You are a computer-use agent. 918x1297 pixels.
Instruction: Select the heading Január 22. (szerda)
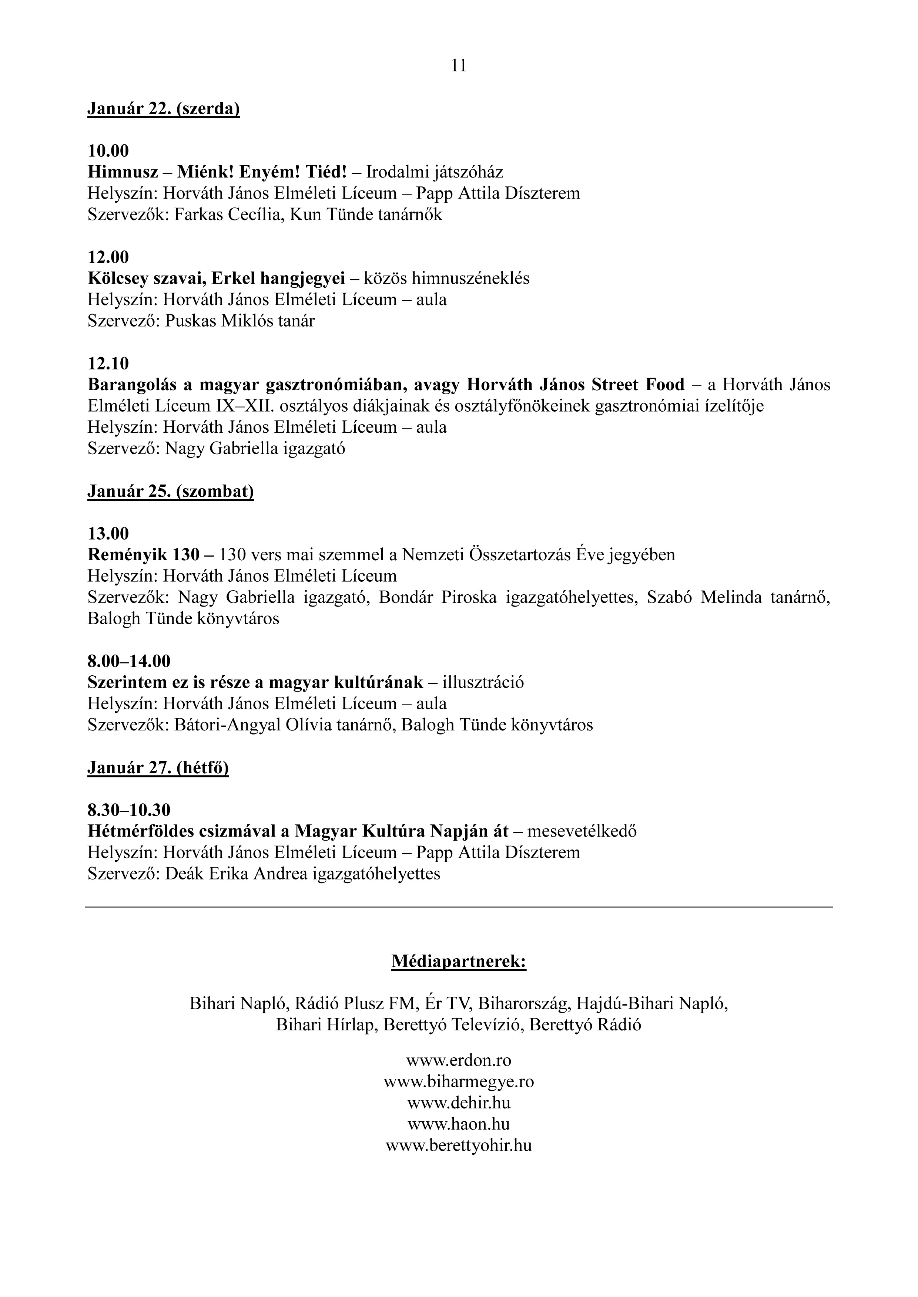point(163,108)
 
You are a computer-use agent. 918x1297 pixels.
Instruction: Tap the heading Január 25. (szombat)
point(170,492)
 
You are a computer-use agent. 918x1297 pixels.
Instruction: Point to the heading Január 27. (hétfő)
point(158,768)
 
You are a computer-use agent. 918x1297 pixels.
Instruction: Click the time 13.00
point(108,534)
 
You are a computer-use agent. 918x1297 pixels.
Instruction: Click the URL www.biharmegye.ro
point(458,1082)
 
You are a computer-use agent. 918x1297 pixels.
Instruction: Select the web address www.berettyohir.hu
point(458,1146)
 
